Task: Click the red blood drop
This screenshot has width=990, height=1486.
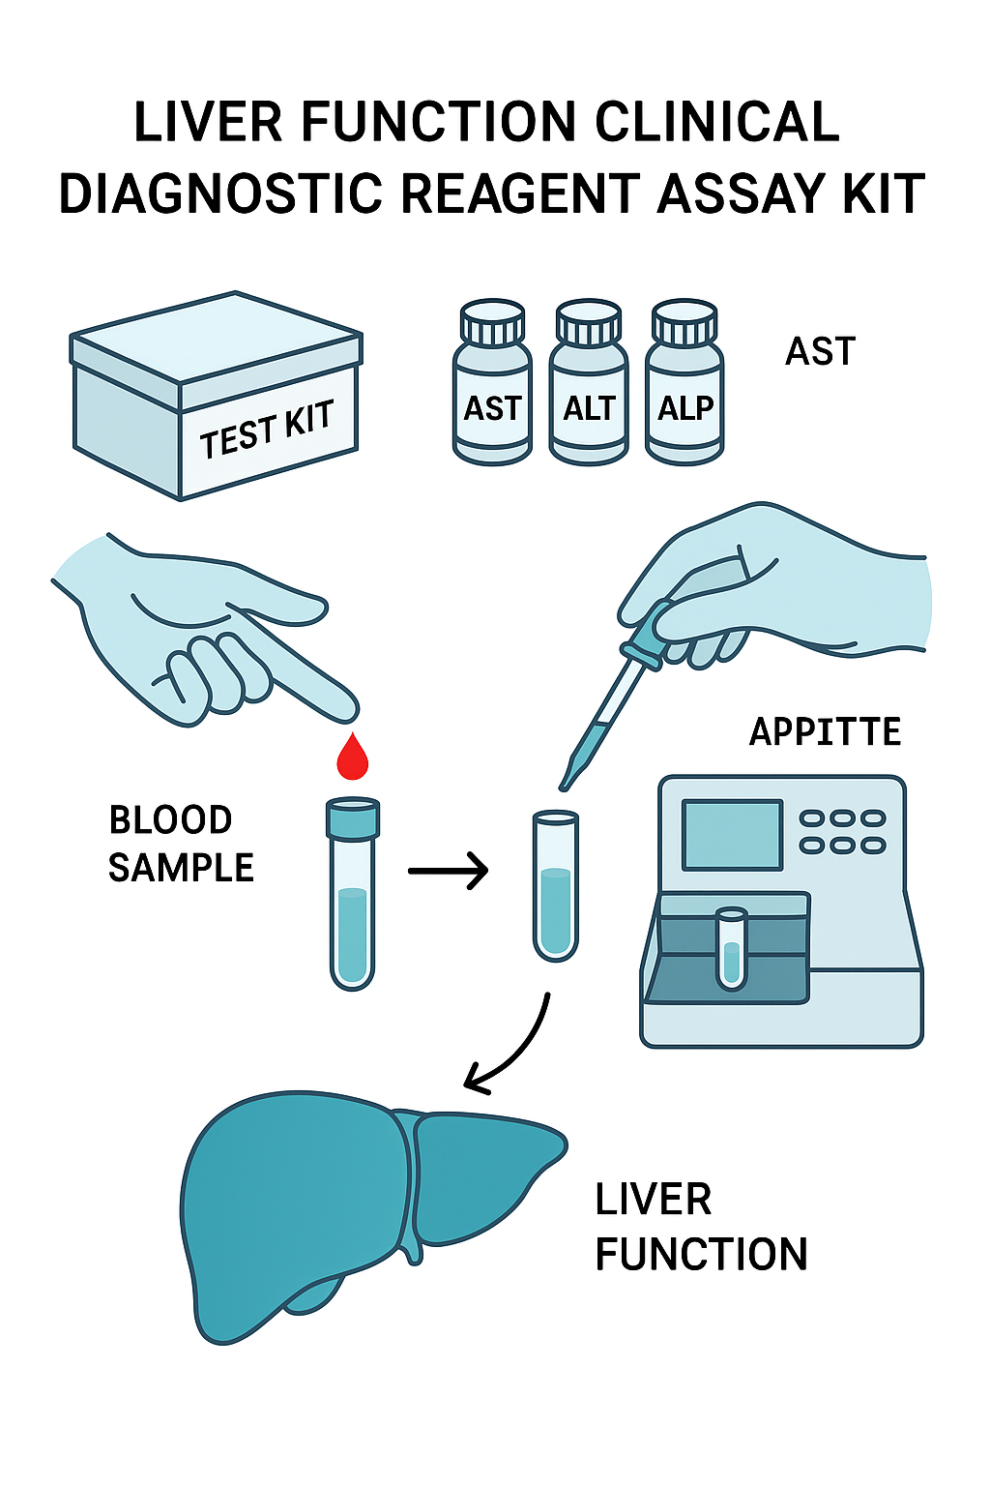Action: pyautogui.click(x=353, y=758)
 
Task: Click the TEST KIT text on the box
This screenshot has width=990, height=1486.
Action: pyautogui.click(x=267, y=430)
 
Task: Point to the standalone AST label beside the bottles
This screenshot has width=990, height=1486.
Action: pyautogui.click(x=820, y=351)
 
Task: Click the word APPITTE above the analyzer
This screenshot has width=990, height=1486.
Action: pyautogui.click(x=825, y=731)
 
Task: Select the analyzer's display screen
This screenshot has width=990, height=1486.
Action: pyautogui.click(x=732, y=834)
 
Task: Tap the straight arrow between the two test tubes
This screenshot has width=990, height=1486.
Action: pyautogui.click(x=448, y=871)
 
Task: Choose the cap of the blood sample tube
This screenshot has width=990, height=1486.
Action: pyautogui.click(x=353, y=818)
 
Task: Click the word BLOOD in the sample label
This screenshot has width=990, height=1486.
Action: pyautogui.click(x=170, y=820)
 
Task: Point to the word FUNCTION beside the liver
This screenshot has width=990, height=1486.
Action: pyautogui.click(x=701, y=1255)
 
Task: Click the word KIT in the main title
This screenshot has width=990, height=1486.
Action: pyautogui.click(x=884, y=193)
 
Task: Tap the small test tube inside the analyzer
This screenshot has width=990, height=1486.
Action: pyautogui.click(x=732, y=948)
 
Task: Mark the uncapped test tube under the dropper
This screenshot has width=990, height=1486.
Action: pyautogui.click(x=556, y=885)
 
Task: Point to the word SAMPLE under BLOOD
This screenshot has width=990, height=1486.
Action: pyautogui.click(x=181, y=868)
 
